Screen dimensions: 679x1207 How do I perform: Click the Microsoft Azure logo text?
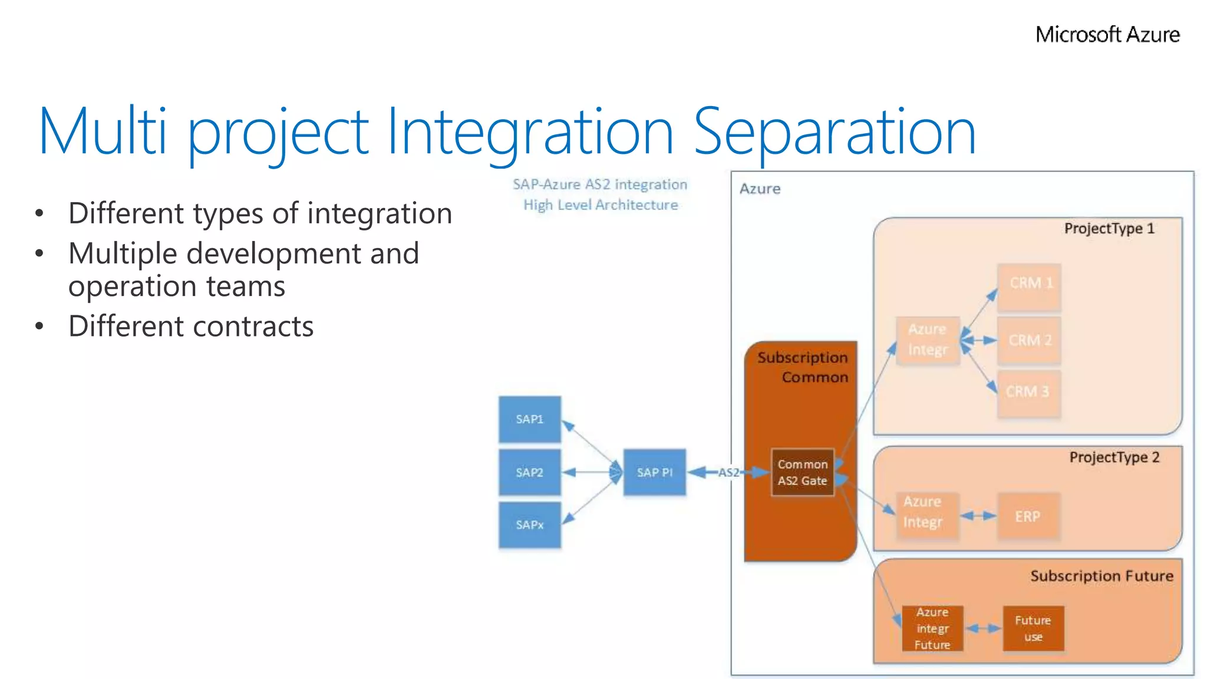[1107, 35]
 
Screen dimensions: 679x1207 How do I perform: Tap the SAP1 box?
[529, 419]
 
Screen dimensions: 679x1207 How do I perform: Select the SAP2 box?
[529, 472]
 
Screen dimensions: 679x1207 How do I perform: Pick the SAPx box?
[529, 525]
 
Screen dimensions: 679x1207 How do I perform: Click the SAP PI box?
[654, 472]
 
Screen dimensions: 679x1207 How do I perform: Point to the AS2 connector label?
[728, 472]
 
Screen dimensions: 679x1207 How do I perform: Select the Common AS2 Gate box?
[802, 472]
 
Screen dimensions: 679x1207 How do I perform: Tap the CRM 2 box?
[1029, 340]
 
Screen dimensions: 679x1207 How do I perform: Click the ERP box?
[1028, 516]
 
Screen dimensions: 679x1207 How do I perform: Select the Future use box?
[1033, 628]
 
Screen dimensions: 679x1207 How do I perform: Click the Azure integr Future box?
[932, 628]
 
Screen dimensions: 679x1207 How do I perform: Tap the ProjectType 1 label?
[1109, 229]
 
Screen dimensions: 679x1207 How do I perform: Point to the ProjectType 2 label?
[1114, 457]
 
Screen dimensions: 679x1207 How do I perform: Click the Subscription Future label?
[1102, 576]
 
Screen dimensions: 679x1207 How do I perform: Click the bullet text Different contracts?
[191, 327]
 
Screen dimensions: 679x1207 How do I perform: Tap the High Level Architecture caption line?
[601, 205]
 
